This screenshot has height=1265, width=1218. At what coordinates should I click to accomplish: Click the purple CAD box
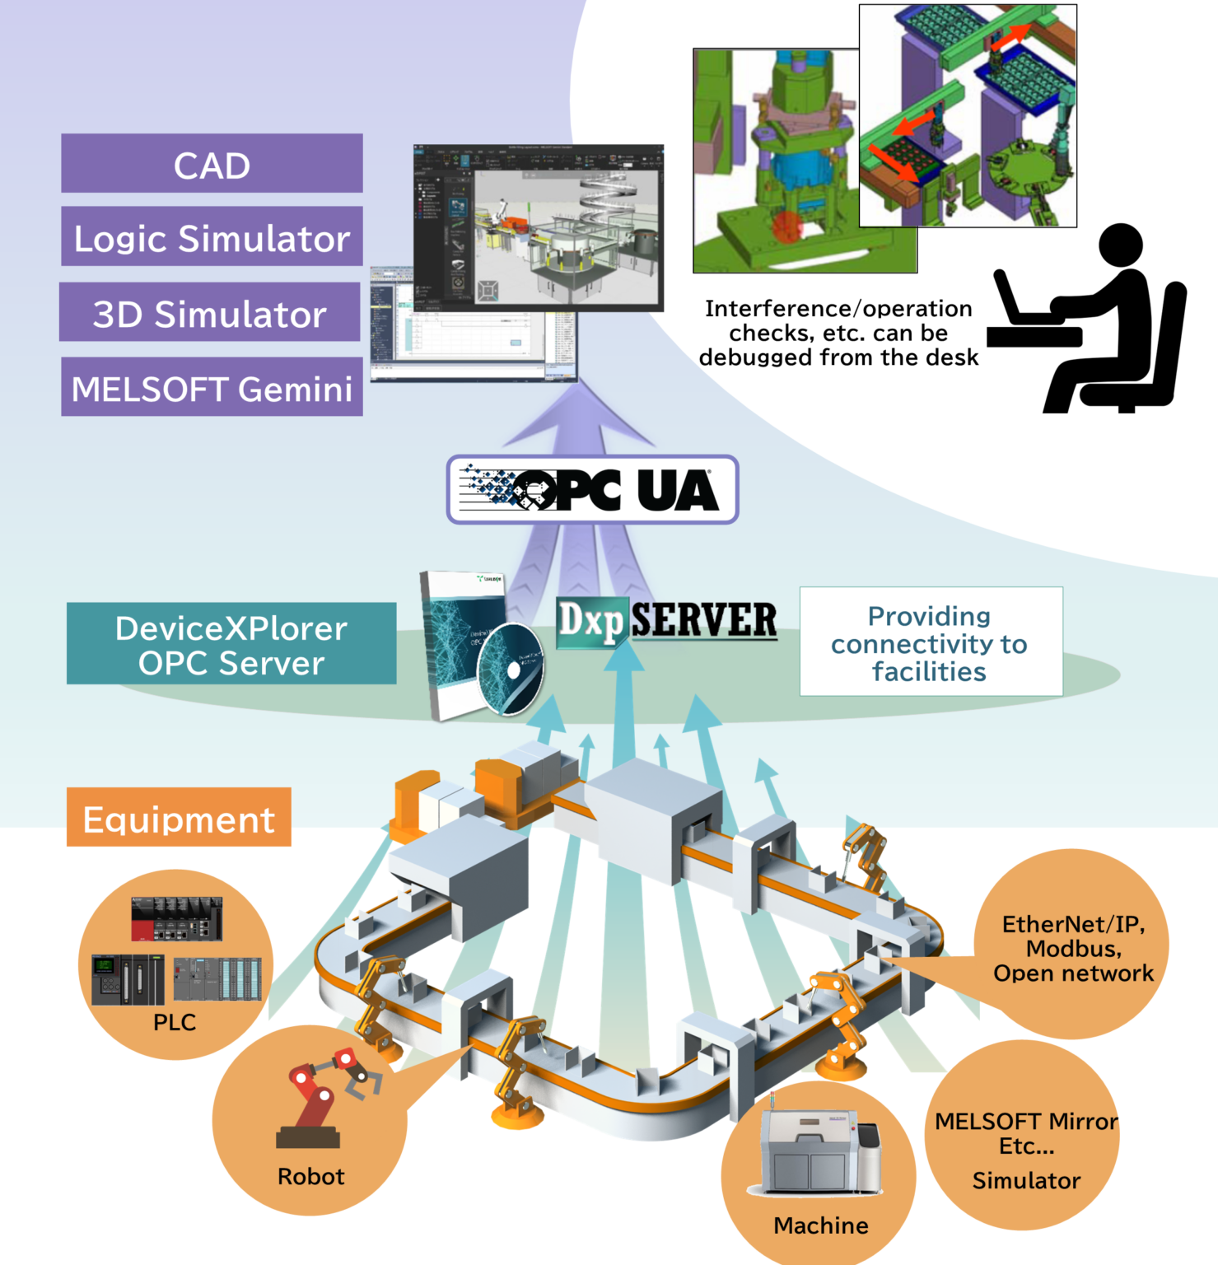[212, 164]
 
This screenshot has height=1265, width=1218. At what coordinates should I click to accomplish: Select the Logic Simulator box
[212, 237]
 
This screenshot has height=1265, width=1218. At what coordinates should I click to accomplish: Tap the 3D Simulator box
[210, 312]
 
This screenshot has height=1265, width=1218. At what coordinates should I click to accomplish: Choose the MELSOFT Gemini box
[212, 387]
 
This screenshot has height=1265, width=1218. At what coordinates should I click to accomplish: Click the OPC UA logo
[592, 490]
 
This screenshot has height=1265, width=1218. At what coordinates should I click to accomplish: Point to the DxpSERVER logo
[666, 621]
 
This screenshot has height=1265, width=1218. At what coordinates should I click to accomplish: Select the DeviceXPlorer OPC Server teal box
[231, 644]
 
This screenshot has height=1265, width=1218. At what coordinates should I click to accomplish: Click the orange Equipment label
[179, 818]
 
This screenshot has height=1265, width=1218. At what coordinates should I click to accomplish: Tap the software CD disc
[510, 669]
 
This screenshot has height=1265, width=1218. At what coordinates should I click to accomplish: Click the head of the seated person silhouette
[1120, 245]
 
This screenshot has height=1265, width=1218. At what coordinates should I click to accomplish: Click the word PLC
[175, 1022]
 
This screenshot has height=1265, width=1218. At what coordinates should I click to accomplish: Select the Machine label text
[821, 1225]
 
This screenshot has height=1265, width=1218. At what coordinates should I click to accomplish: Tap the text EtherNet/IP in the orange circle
[1073, 924]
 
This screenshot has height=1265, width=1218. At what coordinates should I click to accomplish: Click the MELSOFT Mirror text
[1026, 1121]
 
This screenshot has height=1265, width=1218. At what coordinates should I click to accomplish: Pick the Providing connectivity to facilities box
[931, 642]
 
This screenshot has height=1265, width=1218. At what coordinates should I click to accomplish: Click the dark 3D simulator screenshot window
[539, 227]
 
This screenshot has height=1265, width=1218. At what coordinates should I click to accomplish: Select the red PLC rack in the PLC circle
[177, 918]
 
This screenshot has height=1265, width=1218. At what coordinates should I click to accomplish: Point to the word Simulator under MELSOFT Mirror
[1026, 1180]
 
